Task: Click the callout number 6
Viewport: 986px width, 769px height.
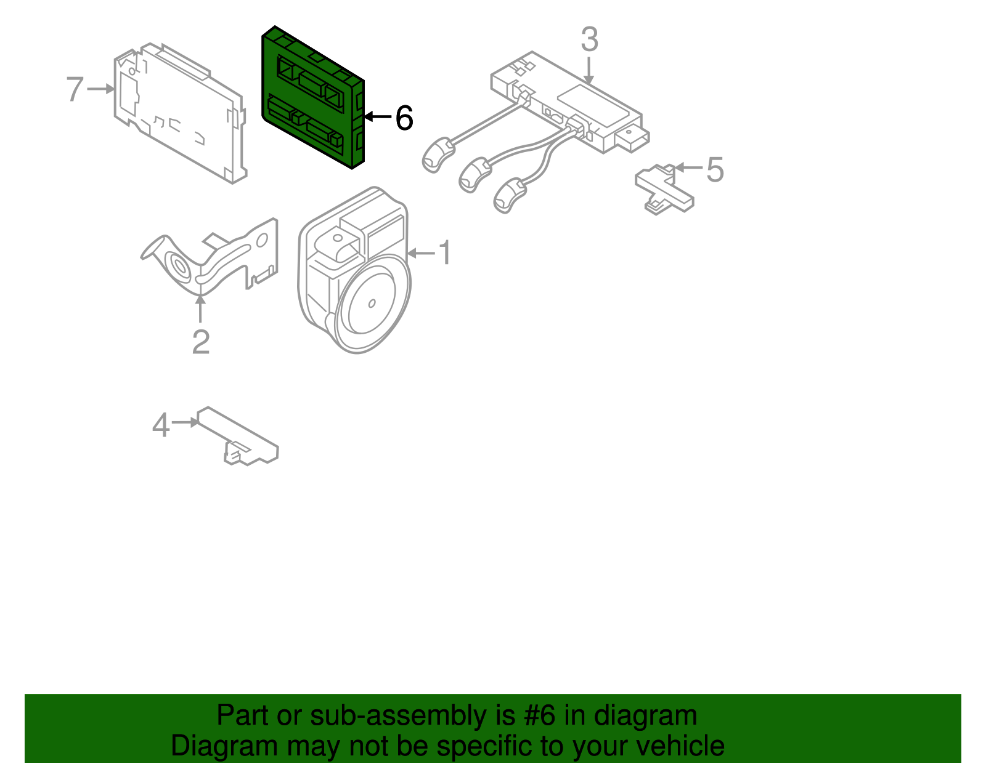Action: pyautogui.click(x=404, y=118)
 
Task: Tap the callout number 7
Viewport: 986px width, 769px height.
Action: pyautogui.click(x=75, y=89)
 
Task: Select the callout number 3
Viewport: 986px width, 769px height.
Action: pyautogui.click(x=589, y=40)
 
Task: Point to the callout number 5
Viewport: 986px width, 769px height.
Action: pyautogui.click(x=714, y=169)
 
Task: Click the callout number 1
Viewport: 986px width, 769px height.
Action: pyautogui.click(x=444, y=253)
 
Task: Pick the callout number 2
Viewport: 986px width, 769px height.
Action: pyautogui.click(x=201, y=342)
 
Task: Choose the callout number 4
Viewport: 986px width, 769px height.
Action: pyautogui.click(x=161, y=425)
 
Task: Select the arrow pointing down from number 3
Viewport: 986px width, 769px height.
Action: pyautogui.click(x=589, y=71)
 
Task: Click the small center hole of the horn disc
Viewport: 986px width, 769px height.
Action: pyautogui.click(x=372, y=303)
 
